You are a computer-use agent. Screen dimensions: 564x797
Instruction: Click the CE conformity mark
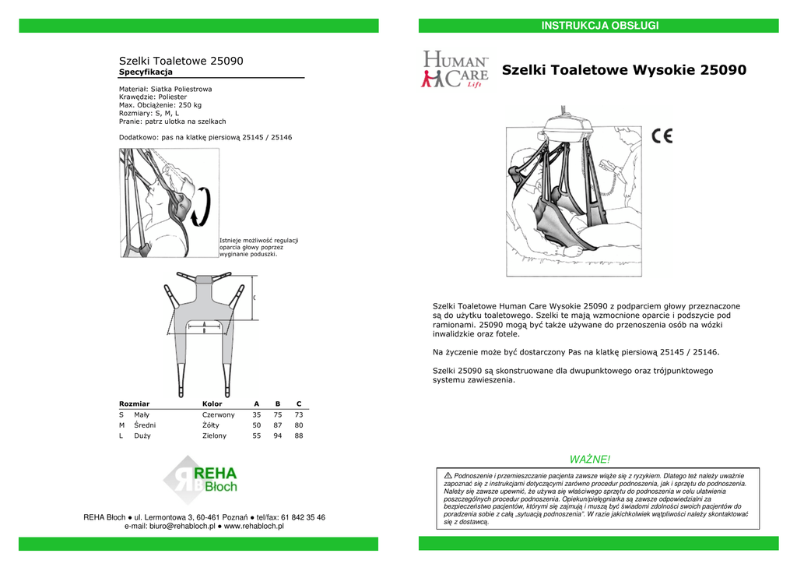662,136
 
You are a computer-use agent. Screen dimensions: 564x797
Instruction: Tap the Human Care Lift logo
455,70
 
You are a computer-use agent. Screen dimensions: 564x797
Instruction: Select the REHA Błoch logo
200,480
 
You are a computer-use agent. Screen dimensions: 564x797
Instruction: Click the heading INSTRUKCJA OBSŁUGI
599,26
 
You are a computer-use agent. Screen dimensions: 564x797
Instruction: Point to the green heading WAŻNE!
590,460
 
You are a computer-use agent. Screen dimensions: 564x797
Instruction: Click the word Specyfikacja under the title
146,72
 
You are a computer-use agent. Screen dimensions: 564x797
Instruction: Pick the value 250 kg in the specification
190,105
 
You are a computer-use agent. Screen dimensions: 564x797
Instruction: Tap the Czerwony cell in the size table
218,415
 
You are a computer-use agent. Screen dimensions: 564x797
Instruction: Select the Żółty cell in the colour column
212,425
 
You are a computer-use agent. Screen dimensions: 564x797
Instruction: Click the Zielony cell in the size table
214,436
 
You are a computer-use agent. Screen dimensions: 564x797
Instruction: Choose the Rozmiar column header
134,404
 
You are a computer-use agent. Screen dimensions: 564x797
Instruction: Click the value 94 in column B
277,436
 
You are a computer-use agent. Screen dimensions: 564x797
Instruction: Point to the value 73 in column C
298,415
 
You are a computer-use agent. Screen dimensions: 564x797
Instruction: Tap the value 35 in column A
256,415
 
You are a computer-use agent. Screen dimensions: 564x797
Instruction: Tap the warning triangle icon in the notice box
448,476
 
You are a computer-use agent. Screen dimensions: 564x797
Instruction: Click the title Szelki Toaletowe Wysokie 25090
624,70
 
